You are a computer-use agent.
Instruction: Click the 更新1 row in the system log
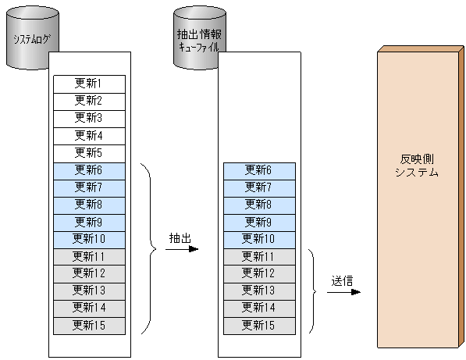88,84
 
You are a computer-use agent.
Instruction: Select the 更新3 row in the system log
88,118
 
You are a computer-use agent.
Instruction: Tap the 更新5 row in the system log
88,152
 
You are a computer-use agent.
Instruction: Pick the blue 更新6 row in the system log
88,169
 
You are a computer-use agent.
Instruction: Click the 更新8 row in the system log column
88,204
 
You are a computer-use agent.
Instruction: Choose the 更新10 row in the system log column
88,238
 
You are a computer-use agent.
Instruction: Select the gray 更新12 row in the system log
88,273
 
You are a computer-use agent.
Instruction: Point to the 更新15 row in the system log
88,324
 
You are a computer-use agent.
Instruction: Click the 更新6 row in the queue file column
258,169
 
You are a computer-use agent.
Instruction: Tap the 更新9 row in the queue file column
258,221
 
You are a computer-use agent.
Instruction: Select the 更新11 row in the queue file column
258,255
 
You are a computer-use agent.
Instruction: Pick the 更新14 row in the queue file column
258,307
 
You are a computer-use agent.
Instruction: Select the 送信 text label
343,280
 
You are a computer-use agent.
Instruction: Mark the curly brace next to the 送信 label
312,290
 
